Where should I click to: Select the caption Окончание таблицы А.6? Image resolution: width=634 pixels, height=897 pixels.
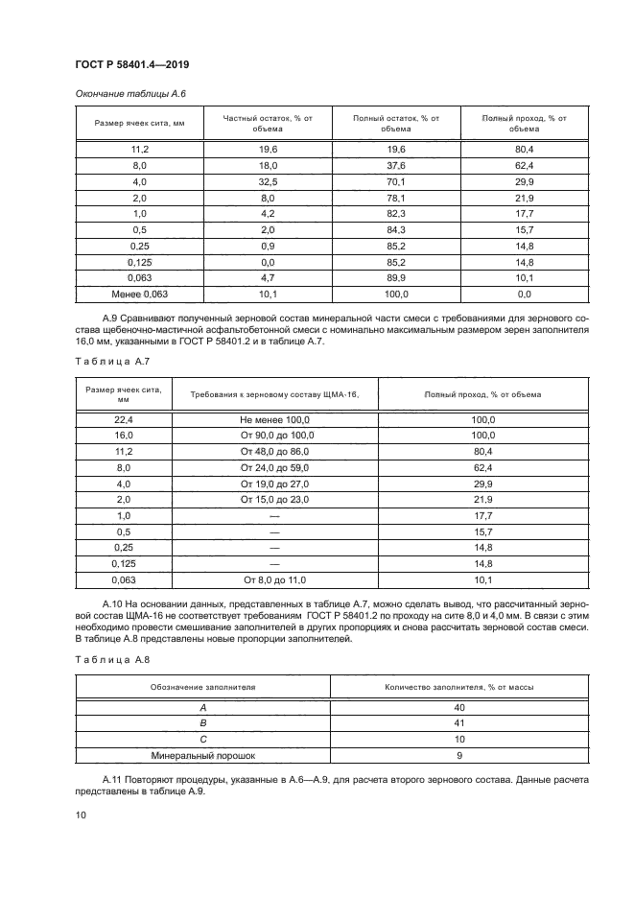click(123, 93)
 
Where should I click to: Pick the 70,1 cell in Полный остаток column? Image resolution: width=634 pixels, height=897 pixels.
click(396, 181)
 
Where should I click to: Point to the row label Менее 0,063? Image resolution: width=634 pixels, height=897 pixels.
click(139, 294)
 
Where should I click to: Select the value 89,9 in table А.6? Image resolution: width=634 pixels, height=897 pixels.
click(396, 278)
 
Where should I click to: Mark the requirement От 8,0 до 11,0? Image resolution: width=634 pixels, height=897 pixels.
click(275, 579)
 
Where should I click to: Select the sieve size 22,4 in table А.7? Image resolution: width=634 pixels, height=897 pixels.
click(123, 419)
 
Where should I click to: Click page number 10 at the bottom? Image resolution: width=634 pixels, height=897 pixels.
click(81, 814)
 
